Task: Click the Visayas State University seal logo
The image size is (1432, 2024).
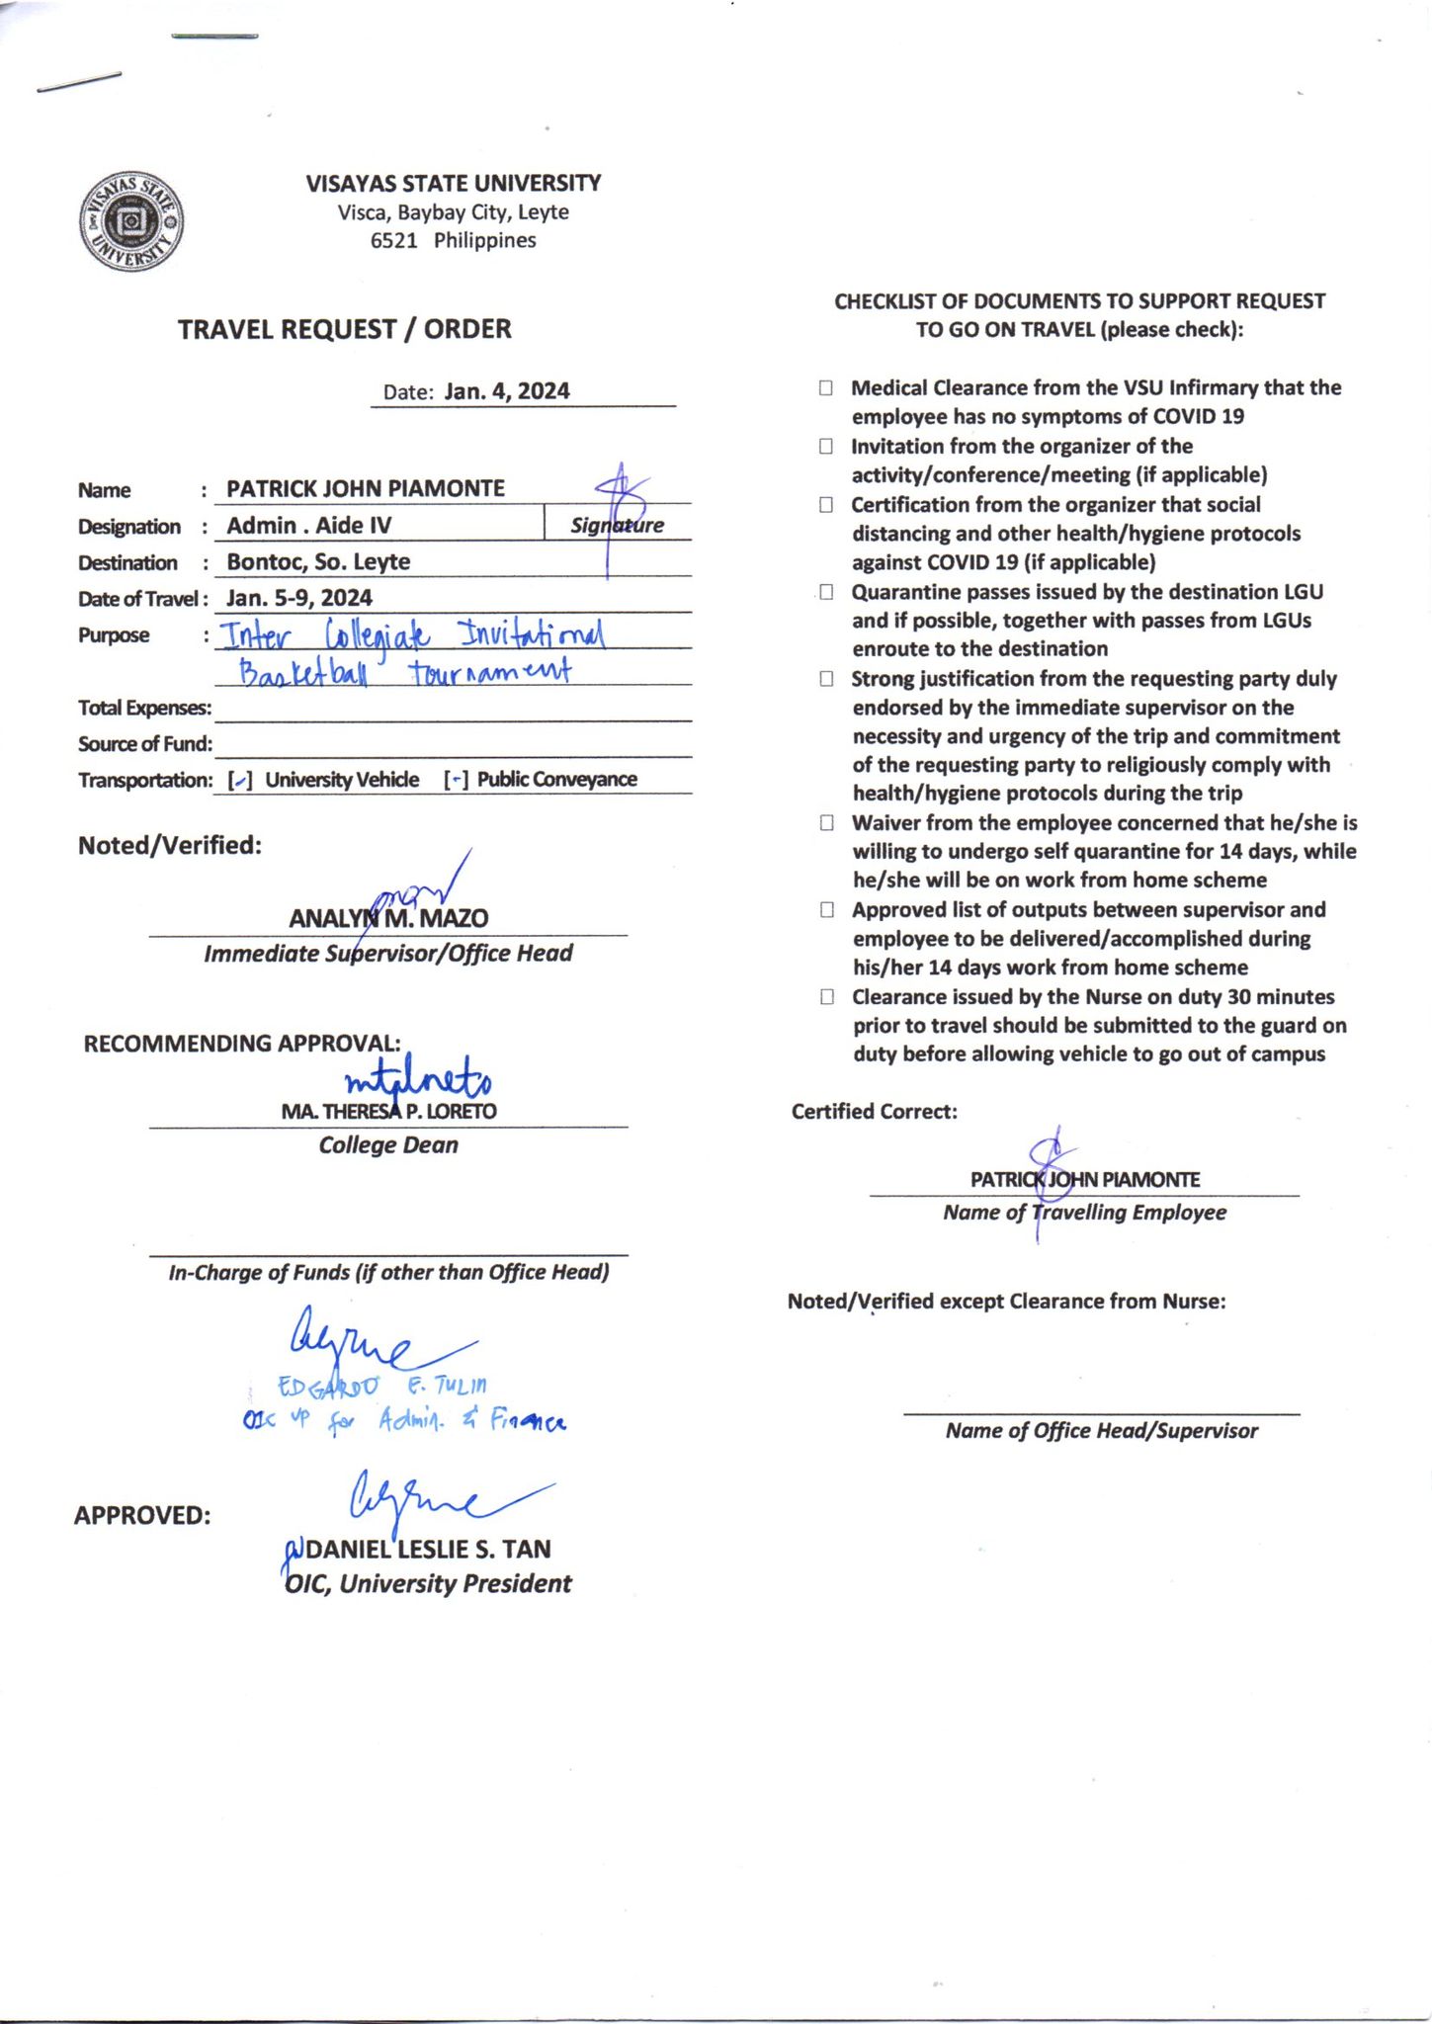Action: [x=130, y=221]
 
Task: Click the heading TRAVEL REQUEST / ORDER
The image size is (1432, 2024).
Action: [x=344, y=329]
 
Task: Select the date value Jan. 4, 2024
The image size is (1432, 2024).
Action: [x=507, y=391]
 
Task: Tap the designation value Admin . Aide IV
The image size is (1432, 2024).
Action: [x=308, y=525]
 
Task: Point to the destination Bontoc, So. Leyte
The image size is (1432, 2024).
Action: [x=318, y=561]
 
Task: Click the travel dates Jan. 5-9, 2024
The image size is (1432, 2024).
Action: [x=299, y=598]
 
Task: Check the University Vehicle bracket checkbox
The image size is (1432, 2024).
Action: [x=240, y=781]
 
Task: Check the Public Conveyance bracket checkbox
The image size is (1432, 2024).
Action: [x=456, y=781]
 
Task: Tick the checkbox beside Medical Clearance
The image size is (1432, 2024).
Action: [x=826, y=387]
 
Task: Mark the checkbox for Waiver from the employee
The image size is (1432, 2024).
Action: [x=826, y=822]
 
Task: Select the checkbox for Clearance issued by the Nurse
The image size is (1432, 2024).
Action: [x=826, y=996]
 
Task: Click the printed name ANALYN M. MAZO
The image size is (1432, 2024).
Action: [x=388, y=918]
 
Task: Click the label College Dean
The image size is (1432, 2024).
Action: [x=388, y=1145]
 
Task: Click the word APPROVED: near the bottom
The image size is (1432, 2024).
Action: [x=142, y=1515]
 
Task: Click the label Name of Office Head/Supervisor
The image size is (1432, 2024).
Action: [x=1101, y=1431]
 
